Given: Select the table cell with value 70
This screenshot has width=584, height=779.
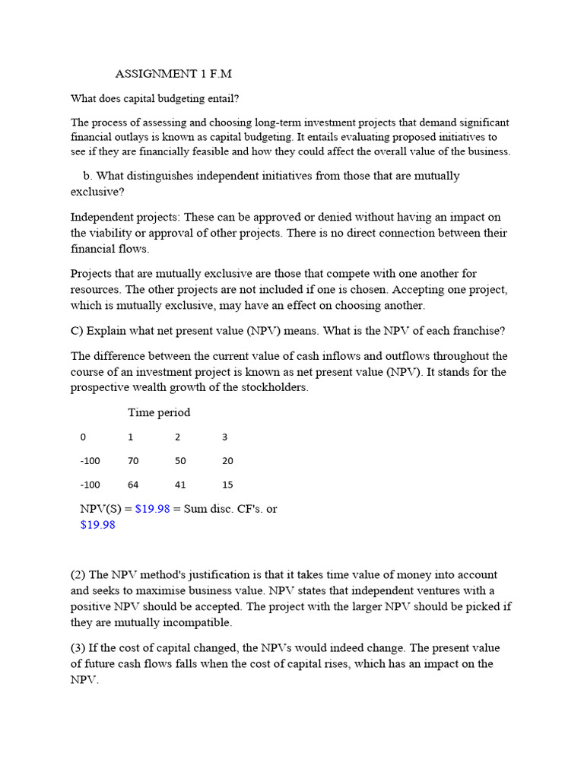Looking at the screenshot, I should pyautogui.click(x=134, y=461).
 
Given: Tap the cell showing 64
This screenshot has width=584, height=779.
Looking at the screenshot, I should pyautogui.click(x=134, y=485).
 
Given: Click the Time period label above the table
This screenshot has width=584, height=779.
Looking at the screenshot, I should pyautogui.click(x=159, y=412).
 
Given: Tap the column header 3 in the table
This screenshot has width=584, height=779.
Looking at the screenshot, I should pyautogui.click(x=224, y=437).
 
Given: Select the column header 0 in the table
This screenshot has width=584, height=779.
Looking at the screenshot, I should pyautogui.click(x=83, y=437).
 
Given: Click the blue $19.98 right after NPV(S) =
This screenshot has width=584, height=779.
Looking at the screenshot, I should pyautogui.click(x=152, y=509).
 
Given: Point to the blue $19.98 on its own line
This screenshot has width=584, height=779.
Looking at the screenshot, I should pyautogui.click(x=97, y=525).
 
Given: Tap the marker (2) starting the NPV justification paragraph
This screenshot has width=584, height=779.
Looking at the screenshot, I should pyautogui.click(x=78, y=575).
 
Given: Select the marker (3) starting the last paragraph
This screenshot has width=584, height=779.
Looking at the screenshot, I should pyautogui.click(x=78, y=647).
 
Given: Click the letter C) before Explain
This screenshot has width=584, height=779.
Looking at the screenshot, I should pyautogui.click(x=77, y=331).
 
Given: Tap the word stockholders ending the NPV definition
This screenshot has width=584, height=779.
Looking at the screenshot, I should pyautogui.click(x=273, y=387).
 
